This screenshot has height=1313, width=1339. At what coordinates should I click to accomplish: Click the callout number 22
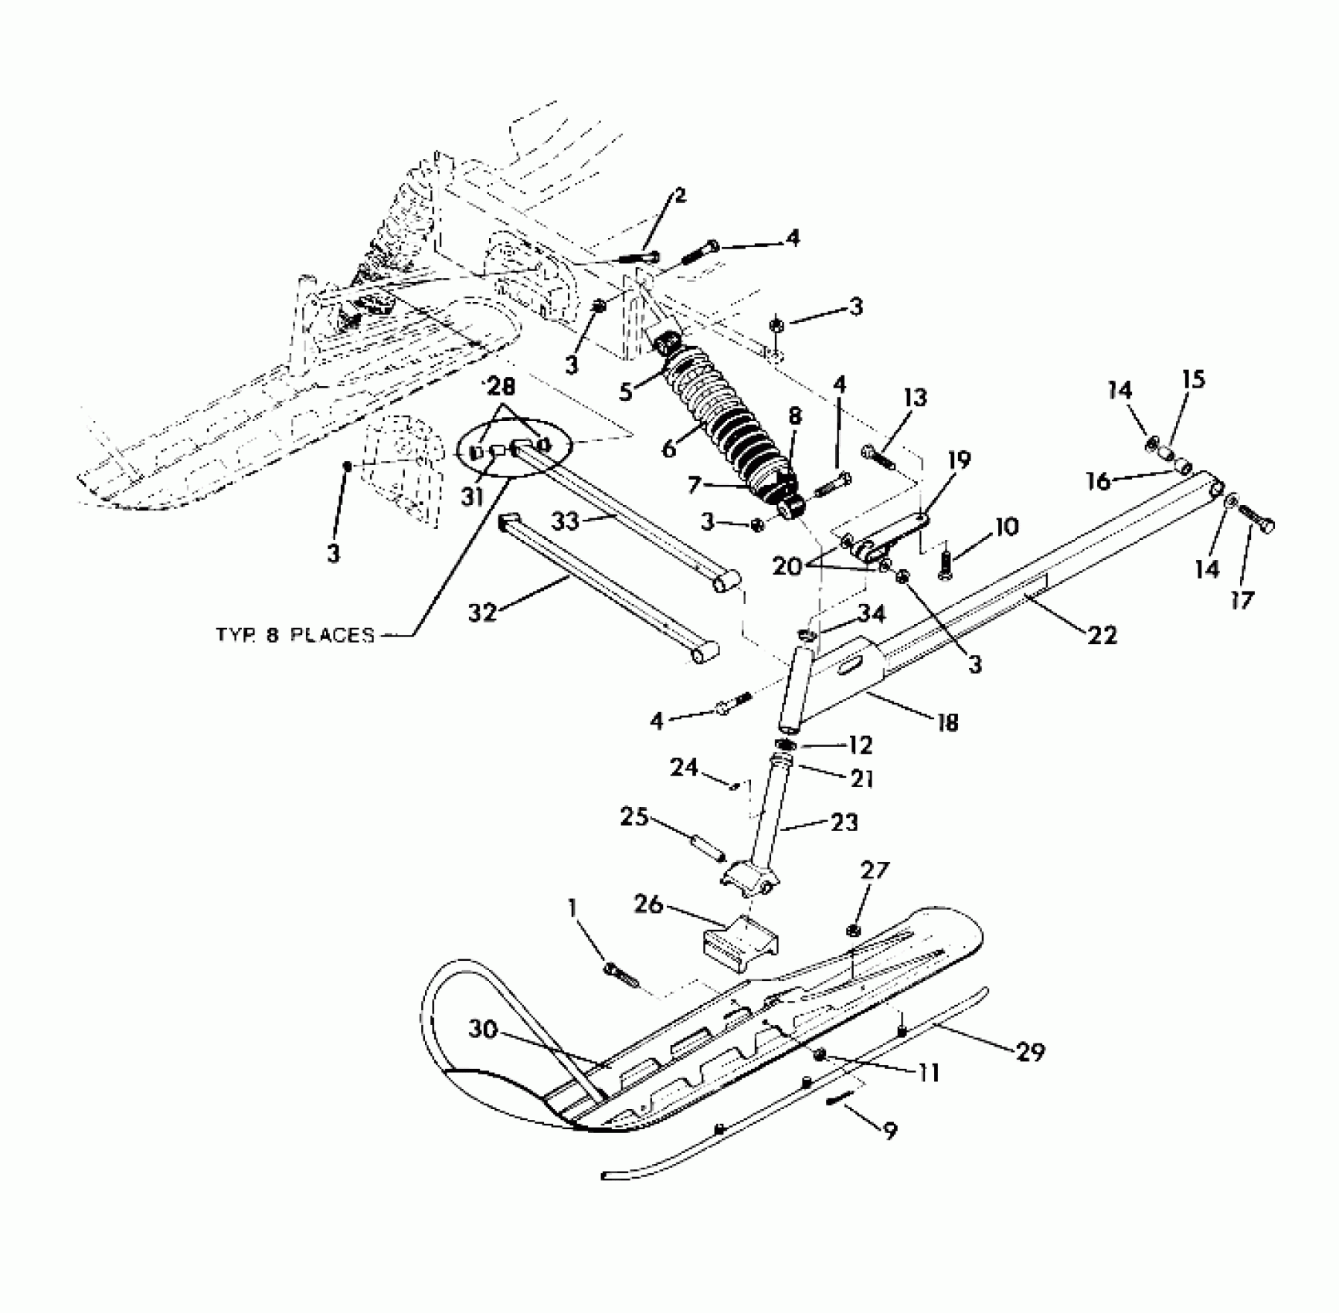point(1102,635)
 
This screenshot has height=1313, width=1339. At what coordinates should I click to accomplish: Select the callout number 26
point(648,904)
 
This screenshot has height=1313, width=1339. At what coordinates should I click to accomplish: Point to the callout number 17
point(1242,599)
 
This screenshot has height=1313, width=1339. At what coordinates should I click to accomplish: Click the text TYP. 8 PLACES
point(294,635)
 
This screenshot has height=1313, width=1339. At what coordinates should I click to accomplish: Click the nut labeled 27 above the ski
point(854,929)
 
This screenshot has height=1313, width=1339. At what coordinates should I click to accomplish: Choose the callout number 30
point(481,1030)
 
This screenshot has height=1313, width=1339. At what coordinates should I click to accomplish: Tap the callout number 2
point(679,195)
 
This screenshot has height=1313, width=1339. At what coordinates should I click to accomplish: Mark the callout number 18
point(947,722)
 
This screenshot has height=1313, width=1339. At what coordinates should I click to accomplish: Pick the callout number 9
point(890,1131)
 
